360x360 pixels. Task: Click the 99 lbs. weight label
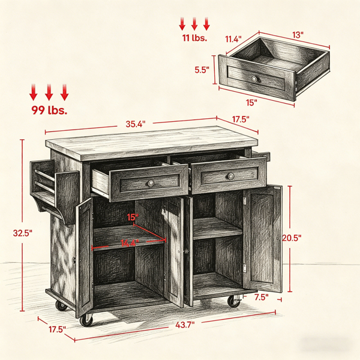[x=49, y=110]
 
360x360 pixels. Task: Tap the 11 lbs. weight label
[x=194, y=38]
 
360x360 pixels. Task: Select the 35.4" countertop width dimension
[x=136, y=124]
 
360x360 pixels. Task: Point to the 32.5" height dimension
[x=23, y=233]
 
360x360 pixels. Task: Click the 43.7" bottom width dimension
[x=185, y=325]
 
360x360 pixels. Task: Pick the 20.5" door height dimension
[x=292, y=238]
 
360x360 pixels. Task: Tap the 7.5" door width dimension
[x=261, y=298]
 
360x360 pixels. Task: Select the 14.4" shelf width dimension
[x=130, y=243]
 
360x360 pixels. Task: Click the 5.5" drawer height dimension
[x=202, y=70]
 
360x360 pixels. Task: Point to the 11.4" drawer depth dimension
[x=233, y=39]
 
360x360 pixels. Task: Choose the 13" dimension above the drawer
[x=298, y=35]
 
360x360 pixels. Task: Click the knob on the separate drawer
[x=254, y=79]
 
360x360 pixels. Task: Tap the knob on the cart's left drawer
[x=151, y=183]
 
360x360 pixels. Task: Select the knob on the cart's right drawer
[x=231, y=176]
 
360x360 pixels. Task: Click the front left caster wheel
[x=87, y=320]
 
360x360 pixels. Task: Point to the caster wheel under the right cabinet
[x=234, y=301]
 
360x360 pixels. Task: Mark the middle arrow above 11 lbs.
[x=194, y=24]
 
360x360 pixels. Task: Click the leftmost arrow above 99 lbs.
[x=33, y=92]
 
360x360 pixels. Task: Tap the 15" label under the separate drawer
[x=251, y=103]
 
